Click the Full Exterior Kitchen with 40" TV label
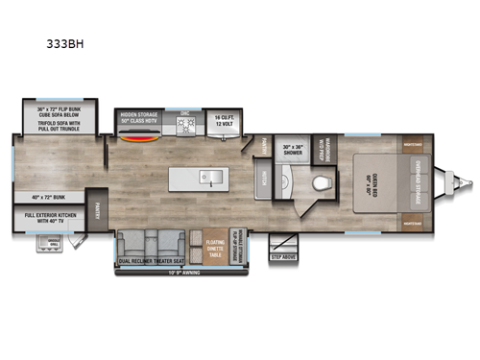52,222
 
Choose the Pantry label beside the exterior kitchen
98,218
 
